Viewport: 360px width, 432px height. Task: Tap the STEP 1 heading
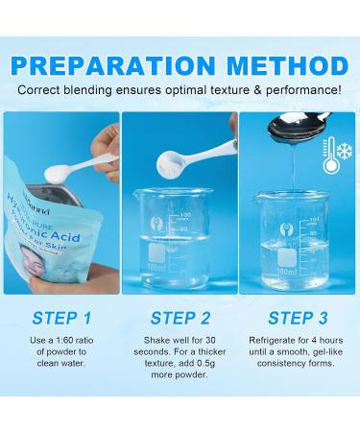pyautogui.click(x=60, y=318)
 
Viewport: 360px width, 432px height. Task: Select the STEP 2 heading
pyautogui.click(x=180, y=318)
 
